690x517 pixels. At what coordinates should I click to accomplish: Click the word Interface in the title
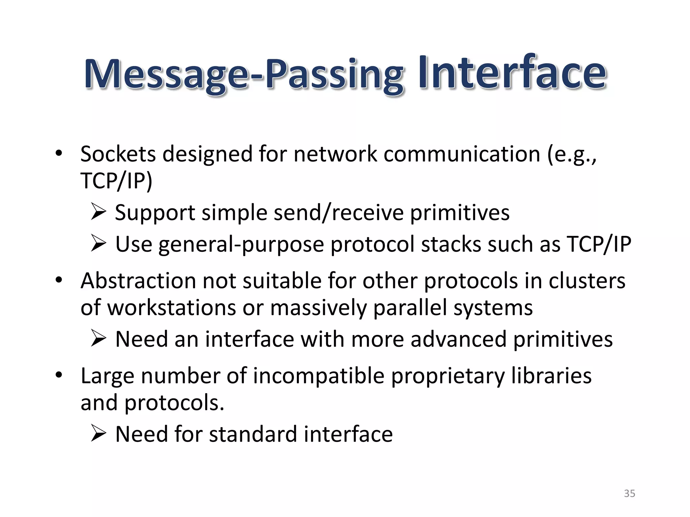coord(512,73)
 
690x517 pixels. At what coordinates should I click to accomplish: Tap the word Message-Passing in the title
coord(243,75)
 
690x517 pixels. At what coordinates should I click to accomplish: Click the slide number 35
coord(629,493)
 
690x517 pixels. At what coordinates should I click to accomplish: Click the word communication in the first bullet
coord(462,154)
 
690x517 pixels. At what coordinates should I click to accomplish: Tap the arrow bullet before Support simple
coord(98,212)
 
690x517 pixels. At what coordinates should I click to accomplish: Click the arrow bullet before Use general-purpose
coord(98,244)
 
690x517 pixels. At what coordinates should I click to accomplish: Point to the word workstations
coord(171,308)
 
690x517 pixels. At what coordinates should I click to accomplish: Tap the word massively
coord(318,308)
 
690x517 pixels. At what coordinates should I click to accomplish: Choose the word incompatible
coord(319,376)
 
